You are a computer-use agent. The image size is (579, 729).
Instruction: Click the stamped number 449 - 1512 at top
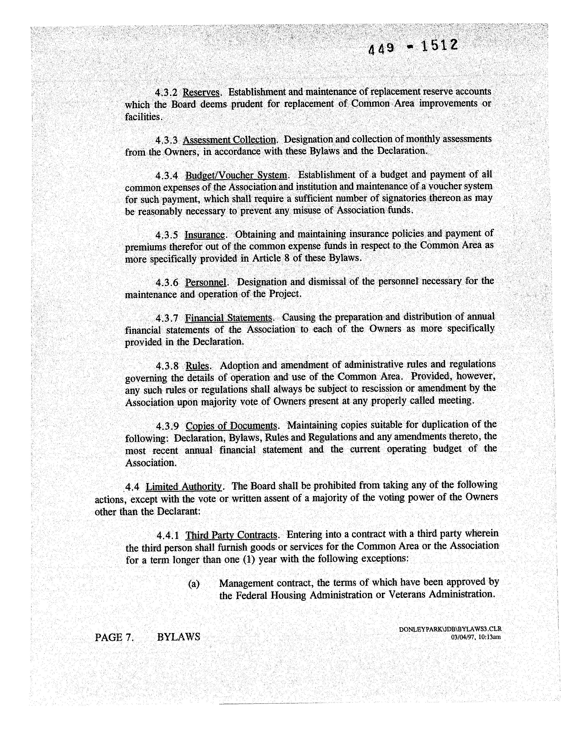point(413,47)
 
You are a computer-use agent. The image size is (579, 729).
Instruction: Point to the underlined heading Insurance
point(204,235)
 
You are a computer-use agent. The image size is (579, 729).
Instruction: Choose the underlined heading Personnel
point(205,282)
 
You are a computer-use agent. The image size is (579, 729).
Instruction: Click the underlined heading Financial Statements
point(228,318)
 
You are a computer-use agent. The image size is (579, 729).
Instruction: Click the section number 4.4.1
point(168,535)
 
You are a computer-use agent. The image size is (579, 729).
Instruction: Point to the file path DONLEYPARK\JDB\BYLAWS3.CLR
point(450,629)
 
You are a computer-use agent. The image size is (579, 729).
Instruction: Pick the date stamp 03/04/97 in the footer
point(463,637)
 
